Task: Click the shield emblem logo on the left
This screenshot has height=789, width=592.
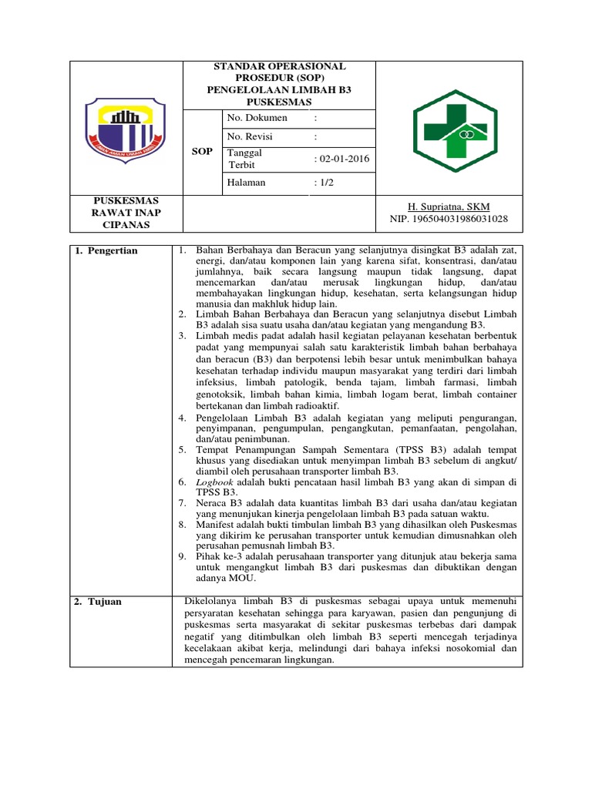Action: pyautogui.click(x=124, y=129)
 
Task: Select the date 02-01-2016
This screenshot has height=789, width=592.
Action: pyautogui.click(x=344, y=159)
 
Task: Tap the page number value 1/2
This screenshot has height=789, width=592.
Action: pyautogui.click(x=326, y=183)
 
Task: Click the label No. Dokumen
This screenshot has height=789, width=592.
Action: pyautogui.click(x=257, y=118)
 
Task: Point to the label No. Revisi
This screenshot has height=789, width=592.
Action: pyautogui.click(x=250, y=136)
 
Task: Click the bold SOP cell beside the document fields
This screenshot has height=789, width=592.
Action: pyautogui.click(x=201, y=152)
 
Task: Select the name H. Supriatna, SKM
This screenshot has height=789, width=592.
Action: pyautogui.click(x=448, y=206)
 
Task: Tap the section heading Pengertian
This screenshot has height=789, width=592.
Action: pyautogui.click(x=110, y=251)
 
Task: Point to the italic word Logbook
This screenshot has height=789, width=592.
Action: pyautogui.click(x=213, y=481)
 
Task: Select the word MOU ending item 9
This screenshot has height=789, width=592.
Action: pyautogui.click(x=242, y=578)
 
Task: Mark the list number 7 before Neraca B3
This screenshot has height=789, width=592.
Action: pyautogui.click(x=182, y=502)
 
